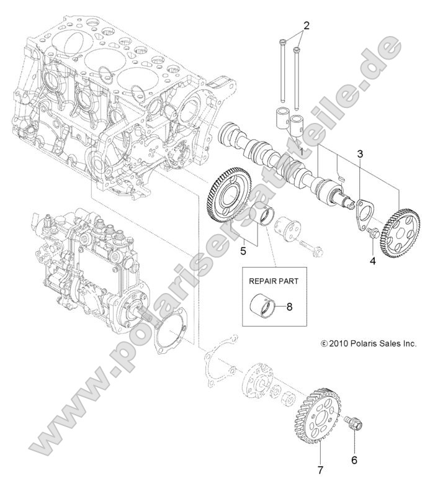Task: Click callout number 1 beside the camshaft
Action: (302, 151)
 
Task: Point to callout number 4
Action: (372, 261)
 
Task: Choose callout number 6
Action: (354, 461)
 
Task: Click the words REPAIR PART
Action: (274, 281)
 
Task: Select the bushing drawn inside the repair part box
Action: (264, 305)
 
